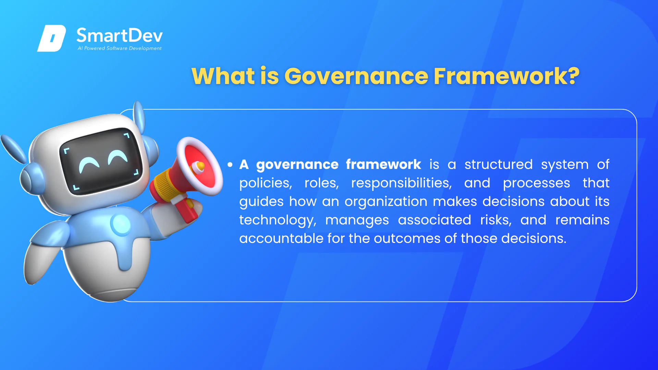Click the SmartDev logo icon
[52, 38]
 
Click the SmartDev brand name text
[120, 35]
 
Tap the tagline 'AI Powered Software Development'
[120, 48]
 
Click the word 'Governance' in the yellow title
[356, 76]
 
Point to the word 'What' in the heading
[223, 76]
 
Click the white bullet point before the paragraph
[230, 165]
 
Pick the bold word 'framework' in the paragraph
[383, 164]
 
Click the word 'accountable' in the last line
[281, 238]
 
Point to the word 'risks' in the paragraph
[496, 220]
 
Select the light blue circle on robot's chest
[121, 224]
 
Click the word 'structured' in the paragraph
[499, 164]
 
